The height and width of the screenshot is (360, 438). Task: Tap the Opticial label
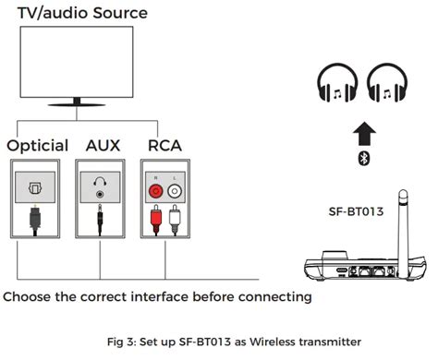pyautogui.click(x=38, y=146)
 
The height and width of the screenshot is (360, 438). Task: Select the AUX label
pyautogui.click(x=103, y=146)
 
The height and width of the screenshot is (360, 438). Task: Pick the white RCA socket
pyautogui.click(x=174, y=191)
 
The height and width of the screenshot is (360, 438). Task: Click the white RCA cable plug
pyautogui.click(x=174, y=222)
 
